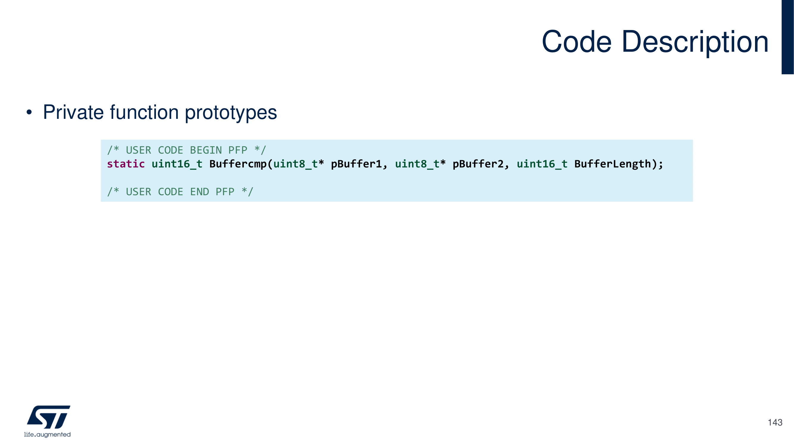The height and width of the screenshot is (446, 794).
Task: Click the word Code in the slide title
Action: [x=576, y=42]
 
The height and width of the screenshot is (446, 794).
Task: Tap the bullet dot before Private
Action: [x=29, y=112]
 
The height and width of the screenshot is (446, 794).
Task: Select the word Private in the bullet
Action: [x=73, y=112]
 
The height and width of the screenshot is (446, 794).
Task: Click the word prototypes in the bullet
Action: [x=231, y=113]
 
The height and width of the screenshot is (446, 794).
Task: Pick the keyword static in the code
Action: [x=126, y=164]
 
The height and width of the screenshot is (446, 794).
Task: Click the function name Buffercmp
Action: [x=238, y=164]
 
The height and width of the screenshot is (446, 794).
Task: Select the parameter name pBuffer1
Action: [x=356, y=164]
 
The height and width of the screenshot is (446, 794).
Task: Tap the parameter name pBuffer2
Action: [x=478, y=164]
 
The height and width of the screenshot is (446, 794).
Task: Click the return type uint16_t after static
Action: [x=177, y=164]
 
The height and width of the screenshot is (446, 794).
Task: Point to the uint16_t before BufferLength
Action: [x=542, y=164]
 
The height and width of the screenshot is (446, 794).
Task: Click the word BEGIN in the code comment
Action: [x=206, y=150]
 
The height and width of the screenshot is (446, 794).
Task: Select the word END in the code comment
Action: [x=199, y=192]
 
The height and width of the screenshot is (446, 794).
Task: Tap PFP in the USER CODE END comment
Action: [x=225, y=192]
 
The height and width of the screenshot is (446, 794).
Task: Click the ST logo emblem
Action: [x=49, y=417]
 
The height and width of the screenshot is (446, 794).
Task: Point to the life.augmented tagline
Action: [x=48, y=434]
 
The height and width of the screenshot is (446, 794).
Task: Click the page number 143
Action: [x=775, y=422]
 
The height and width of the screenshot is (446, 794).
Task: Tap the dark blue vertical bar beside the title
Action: [x=787, y=37]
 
